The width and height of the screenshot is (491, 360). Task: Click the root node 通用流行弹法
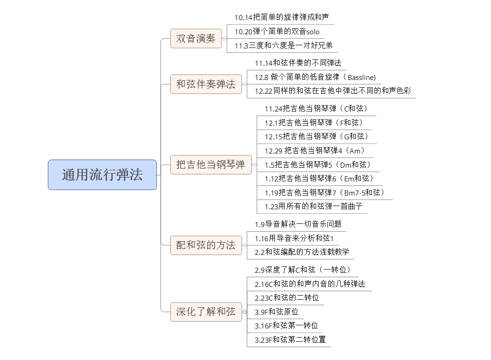click(102, 175)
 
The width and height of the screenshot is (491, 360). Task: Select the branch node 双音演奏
click(195, 38)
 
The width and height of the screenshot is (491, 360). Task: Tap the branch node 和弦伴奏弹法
click(206, 84)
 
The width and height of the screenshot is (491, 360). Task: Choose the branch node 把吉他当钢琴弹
click(211, 164)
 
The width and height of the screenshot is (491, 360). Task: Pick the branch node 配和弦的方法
click(206, 245)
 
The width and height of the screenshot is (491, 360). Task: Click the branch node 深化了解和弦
click(206, 312)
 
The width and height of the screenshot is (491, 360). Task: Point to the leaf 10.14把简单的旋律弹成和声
click(281, 17)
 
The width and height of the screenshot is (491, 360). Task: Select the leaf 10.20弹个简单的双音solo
click(277, 32)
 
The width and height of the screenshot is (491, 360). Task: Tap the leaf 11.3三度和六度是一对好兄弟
click(283, 45)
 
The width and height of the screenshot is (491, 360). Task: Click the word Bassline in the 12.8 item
click(361, 77)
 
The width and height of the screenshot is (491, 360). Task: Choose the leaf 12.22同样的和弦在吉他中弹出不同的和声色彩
click(333, 91)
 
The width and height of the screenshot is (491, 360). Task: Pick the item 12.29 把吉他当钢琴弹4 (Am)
click(315, 151)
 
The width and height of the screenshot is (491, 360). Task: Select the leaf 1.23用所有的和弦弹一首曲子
click(313, 206)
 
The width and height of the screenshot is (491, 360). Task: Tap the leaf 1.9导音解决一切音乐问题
click(298, 224)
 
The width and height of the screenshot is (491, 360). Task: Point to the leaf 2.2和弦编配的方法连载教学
click(302, 252)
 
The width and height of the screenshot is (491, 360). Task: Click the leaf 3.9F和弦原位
click(276, 312)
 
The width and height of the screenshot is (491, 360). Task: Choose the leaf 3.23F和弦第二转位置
click(290, 339)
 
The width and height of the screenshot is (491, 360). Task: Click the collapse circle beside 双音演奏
click(225, 38)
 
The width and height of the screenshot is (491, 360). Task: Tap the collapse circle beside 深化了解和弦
click(244, 312)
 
